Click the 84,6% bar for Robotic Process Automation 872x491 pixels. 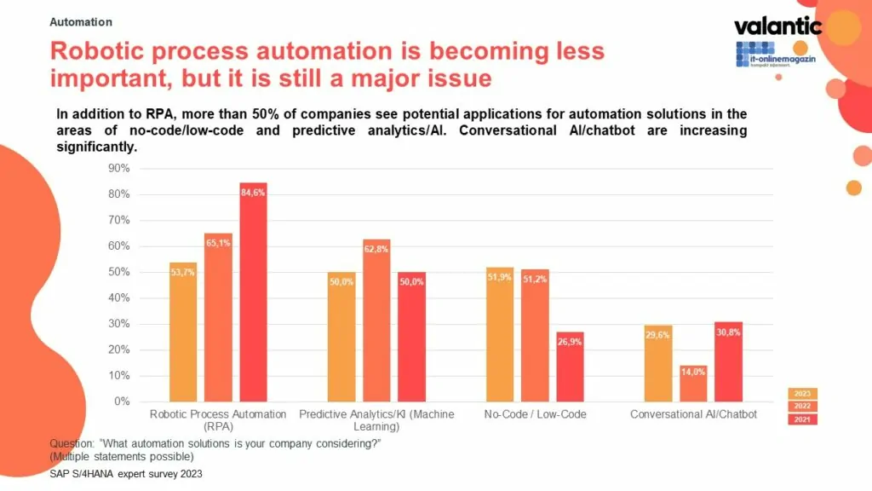tap(253, 292)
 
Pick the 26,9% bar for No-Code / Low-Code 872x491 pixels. tap(570, 367)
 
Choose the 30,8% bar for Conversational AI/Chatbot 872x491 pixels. tap(728, 361)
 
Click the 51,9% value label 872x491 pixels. tap(499, 278)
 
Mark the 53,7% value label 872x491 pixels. tap(183, 273)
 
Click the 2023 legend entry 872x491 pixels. tap(802, 394)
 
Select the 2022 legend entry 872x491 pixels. tap(802, 407)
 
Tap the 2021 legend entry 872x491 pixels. tap(802, 419)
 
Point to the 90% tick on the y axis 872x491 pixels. tap(118, 169)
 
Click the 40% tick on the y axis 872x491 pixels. tap(118, 298)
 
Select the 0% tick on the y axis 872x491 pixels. tap(122, 401)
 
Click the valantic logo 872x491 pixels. tap(777, 26)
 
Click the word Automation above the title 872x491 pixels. tap(81, 22)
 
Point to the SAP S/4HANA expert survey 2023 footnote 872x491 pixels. tap(126, 473)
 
